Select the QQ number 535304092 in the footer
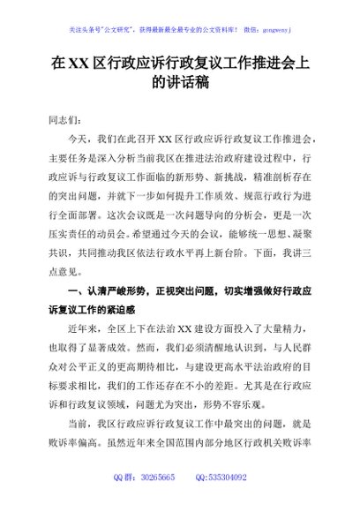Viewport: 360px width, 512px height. (227, 501)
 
